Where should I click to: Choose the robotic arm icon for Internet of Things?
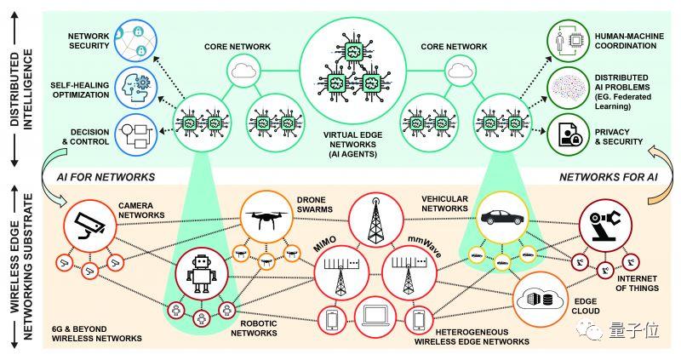pos(604,223)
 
